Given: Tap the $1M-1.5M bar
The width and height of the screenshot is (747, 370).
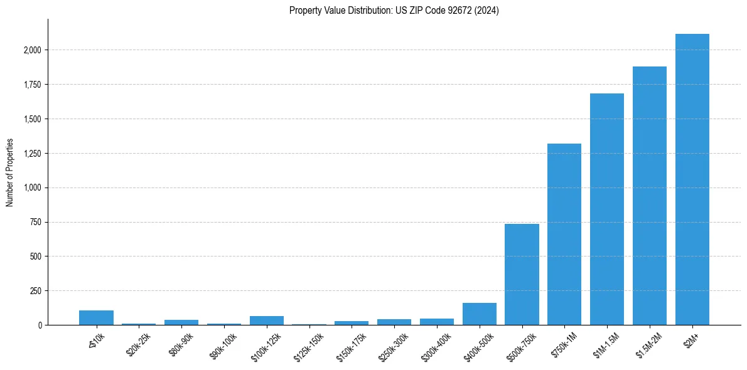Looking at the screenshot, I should tap(607, 209).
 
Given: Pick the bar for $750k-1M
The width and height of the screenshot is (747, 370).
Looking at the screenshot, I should tap(564, 235).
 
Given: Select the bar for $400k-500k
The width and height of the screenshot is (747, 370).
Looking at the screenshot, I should tap(479, 314).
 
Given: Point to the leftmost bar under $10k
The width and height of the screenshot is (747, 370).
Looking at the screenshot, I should tap(96, 318).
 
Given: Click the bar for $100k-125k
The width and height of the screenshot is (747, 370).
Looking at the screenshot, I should tap(266, 320).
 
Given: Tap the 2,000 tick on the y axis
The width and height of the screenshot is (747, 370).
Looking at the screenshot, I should tap(32, 50).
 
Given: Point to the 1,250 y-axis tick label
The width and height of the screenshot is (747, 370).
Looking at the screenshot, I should tap(32, 154).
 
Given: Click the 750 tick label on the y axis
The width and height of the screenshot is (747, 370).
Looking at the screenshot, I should tap(36, 222).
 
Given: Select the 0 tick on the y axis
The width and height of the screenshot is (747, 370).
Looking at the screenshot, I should tap(39, 325).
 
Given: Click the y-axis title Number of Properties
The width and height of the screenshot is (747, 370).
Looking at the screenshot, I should tap(9, 172).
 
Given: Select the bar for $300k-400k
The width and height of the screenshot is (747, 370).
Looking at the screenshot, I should tap(436, 322).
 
